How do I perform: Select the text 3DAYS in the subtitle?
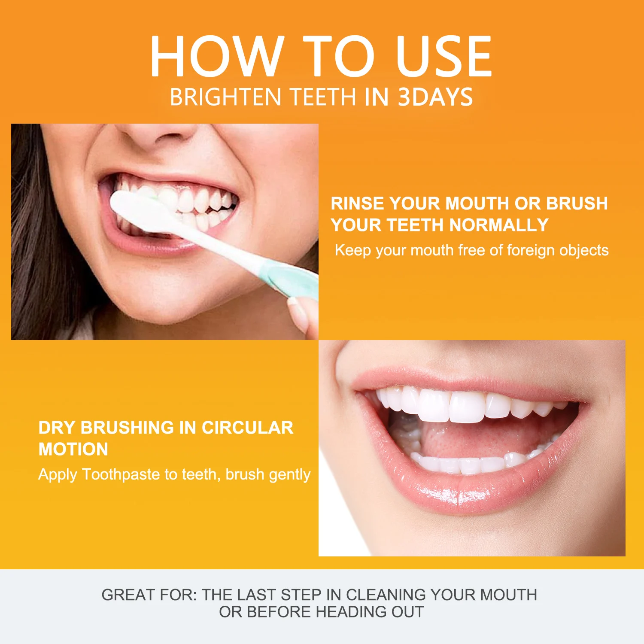[x=435, y=97]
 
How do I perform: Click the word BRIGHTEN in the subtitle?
[x=226, y=97]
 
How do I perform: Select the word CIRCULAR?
[x=247, y=428]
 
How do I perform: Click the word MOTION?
[x=73, y=450]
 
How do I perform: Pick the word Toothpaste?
[x=121, y=474]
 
